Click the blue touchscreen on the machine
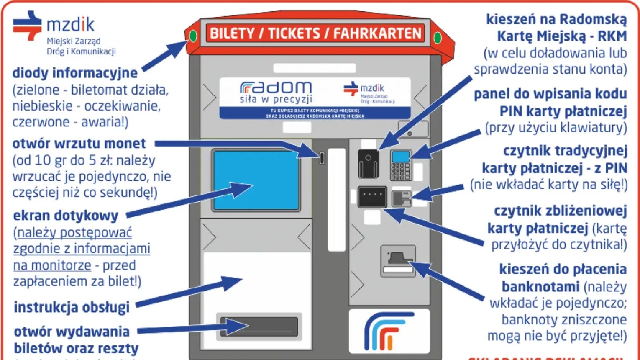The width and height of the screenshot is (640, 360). pyautogui.click(x=256, y=180)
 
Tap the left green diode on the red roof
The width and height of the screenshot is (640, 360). pyautogui.click(x=193, y=36)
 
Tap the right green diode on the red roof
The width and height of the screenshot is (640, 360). pyautogui.click(x=437, y=38)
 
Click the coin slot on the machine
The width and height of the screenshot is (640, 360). pyautogui.click(x=322, y=158)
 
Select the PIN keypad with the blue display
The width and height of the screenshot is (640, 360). pyautogui.click(x=400, y=165)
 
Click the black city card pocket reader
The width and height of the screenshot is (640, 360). pyautogui.click(x=368, y=164)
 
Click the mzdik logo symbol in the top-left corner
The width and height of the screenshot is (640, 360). pyautogui.click(x=27, y=25)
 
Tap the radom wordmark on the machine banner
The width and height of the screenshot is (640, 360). pyautogui.click(x=276, y=87)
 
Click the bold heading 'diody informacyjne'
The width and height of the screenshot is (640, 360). pyautogui.click(x=75, y=73)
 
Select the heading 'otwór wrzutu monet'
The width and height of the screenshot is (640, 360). pyautogui.click(x=79, y=144)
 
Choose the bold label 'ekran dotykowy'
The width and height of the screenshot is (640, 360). pyautogui.click(x=66, y=216)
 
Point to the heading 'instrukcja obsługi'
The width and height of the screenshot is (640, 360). pyautogui.click(x=72, y=307)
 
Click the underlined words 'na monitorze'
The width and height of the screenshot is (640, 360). pyautogui.click(x=52, y=265)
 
